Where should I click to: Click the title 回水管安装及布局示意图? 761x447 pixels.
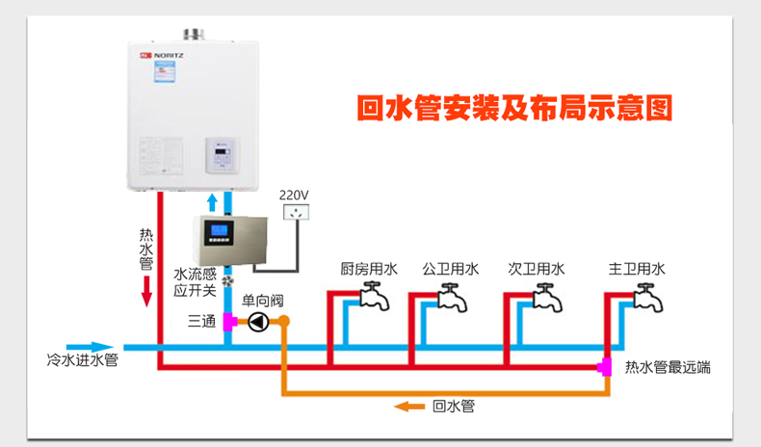coord(513,107)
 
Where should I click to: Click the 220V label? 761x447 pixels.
coord(294,195)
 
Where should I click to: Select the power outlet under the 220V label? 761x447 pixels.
coord(296,214)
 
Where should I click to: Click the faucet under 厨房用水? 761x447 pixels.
coord(374,297)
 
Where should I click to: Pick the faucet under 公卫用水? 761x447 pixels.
coord(452,297)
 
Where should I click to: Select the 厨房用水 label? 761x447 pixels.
coord(369,269)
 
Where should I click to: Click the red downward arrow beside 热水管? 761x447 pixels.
coord(146,290)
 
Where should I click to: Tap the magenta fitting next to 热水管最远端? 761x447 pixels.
coord(606,366)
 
